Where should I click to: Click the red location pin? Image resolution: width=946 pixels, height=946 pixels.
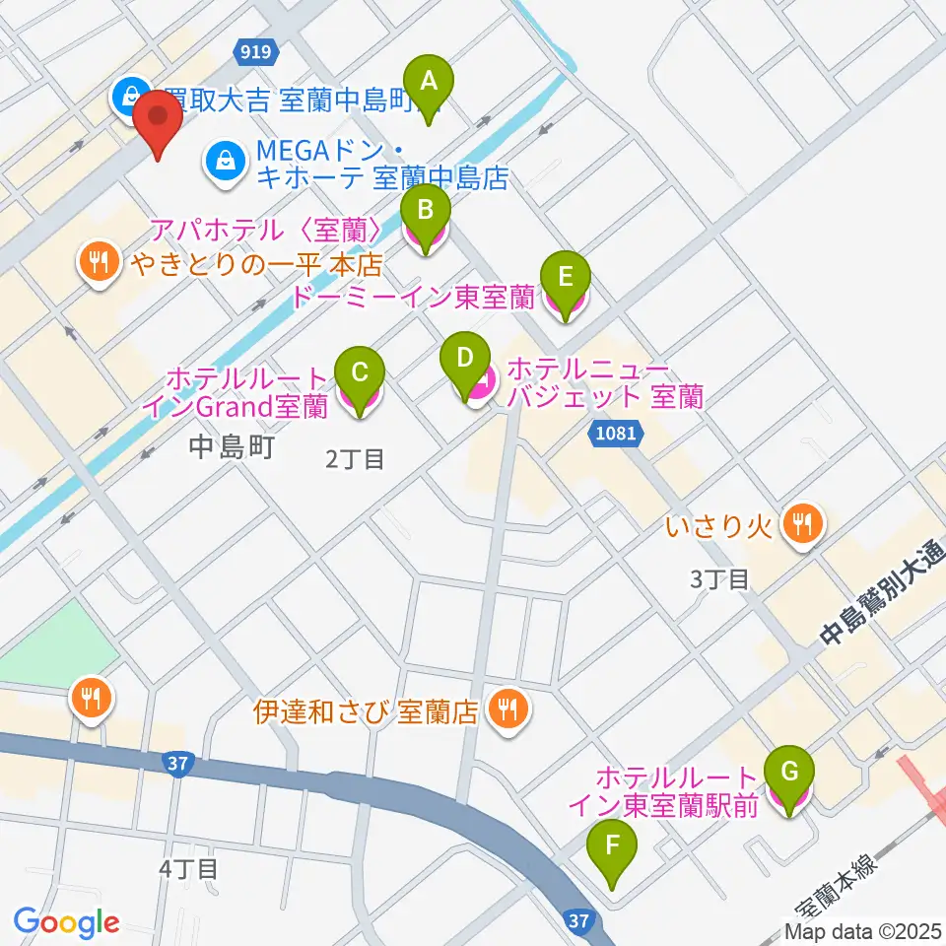click(158, 120)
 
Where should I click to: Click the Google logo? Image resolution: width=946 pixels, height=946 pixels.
click(66, 922)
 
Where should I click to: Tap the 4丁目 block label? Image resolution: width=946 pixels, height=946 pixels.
click(187, 868)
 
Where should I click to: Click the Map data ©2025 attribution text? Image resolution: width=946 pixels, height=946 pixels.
click(863, 931)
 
